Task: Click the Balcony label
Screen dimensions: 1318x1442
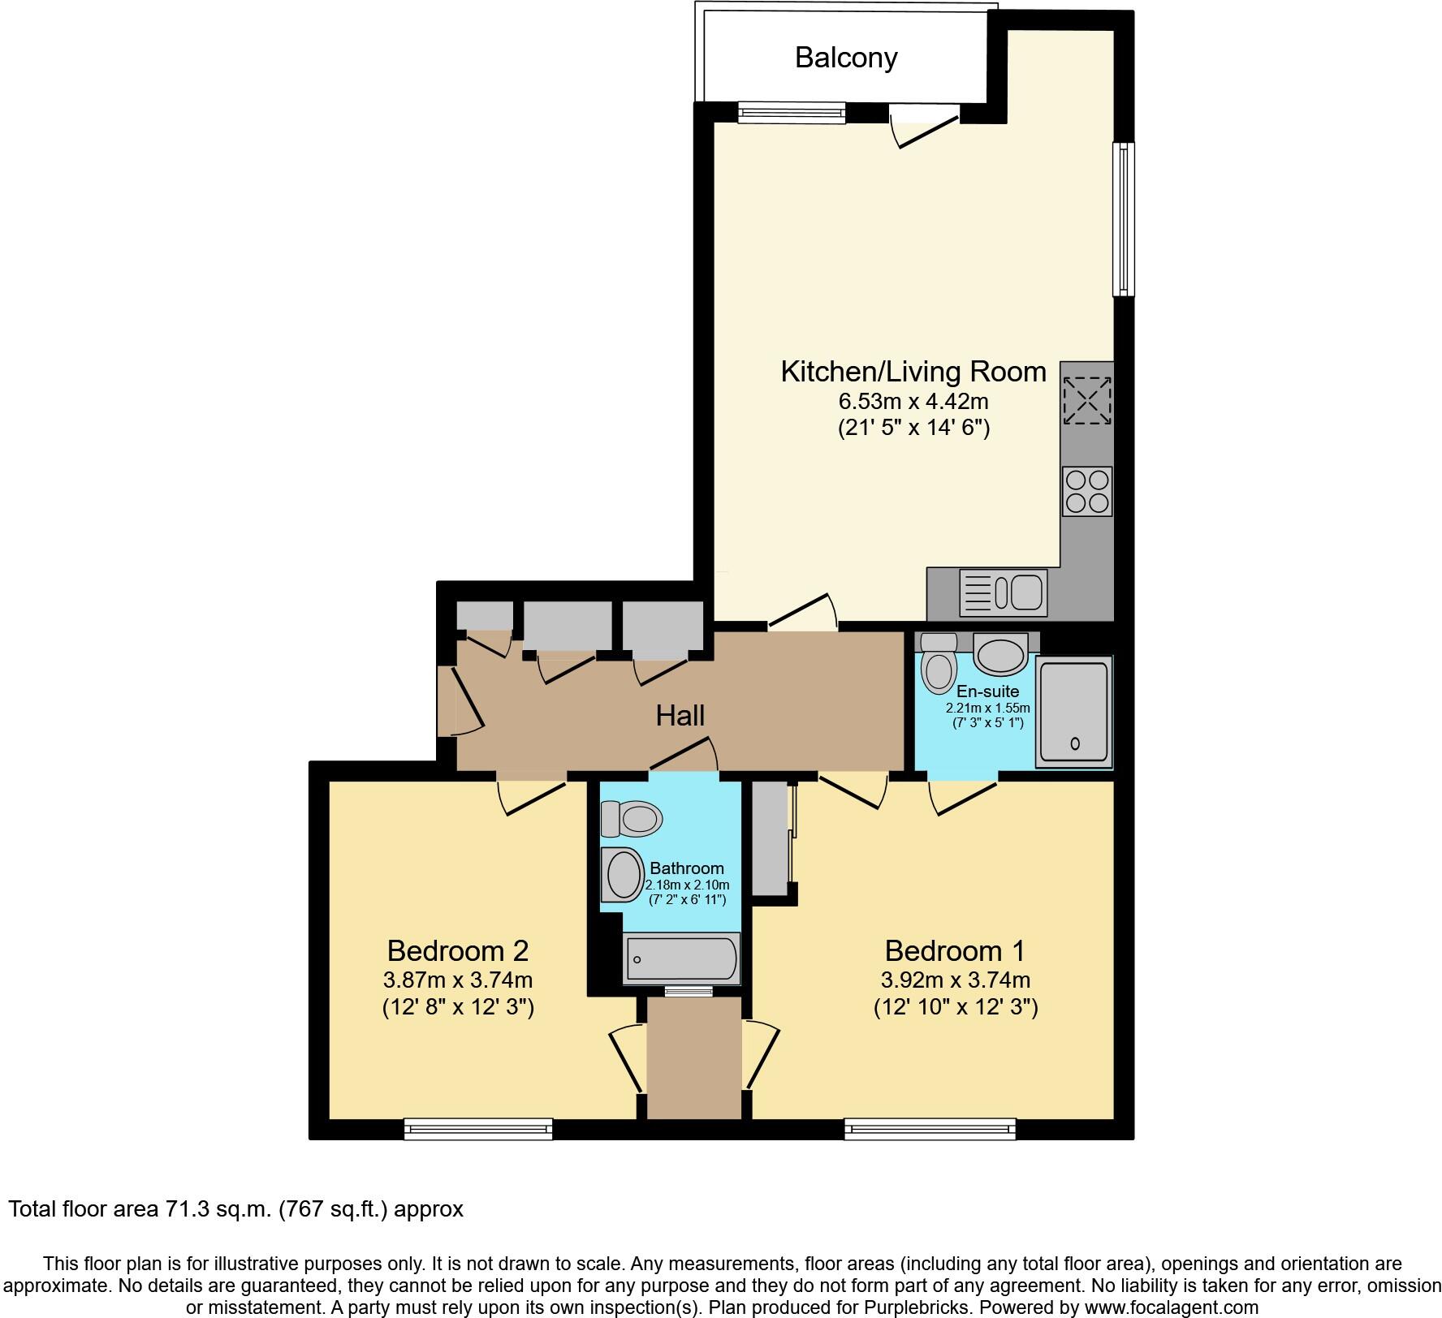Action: pos(845,58)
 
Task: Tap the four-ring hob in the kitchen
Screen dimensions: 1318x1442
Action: pos(1086,491)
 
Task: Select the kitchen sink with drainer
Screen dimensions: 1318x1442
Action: pos(1003,592)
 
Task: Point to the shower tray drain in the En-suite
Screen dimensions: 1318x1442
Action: pos(1076,743)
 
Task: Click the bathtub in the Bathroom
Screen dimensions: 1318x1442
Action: pos(681,959)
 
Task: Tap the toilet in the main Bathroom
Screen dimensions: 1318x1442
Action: pos(631,819)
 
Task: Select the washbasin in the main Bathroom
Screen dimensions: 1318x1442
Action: pos(622,876)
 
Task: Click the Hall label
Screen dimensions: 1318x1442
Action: pos(680,716)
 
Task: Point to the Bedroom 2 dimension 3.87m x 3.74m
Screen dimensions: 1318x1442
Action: pos(458,980)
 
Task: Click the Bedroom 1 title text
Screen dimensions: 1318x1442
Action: pos(955,950)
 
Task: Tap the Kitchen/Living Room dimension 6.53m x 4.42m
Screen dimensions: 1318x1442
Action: pos(913,401)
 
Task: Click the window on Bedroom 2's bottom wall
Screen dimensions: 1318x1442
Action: pos(478,1128)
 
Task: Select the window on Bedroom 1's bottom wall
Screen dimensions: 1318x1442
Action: pos(930,1128)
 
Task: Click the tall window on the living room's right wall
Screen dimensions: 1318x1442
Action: pos(1123,219)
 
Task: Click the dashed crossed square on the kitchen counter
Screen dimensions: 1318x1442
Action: pos(1086,399)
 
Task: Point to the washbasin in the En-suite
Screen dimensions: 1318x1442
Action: pos(999,654)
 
